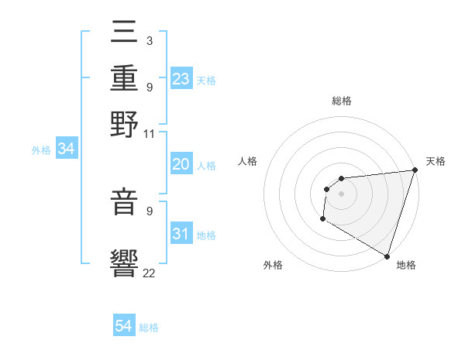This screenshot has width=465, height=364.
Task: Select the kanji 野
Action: (125, 124)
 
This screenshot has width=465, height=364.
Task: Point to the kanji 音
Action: (125, 201)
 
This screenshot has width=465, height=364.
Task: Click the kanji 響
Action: (125, 263)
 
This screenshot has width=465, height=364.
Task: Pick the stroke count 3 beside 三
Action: (149, 40)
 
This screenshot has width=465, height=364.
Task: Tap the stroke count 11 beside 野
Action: (150, 133)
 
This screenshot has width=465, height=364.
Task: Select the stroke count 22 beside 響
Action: (150, 272)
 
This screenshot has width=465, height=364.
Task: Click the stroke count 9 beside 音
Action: (149, 210)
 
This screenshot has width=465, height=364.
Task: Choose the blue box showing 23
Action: (181, 79)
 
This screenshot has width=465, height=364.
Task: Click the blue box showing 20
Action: (181, 164)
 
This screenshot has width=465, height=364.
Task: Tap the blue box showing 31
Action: (181, 234)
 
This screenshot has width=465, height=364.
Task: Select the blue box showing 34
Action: (66, 149)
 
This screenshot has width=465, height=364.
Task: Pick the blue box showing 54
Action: (124, 327)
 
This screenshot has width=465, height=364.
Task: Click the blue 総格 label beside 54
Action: (150, 328)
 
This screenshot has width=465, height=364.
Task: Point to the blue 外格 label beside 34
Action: (41, 150)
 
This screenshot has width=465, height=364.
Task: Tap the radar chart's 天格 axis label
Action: (436, 161)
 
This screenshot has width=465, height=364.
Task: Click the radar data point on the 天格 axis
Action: (415, 170)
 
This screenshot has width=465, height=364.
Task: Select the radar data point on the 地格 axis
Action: (387, 256)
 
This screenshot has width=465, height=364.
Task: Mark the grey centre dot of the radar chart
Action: (341, 194)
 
